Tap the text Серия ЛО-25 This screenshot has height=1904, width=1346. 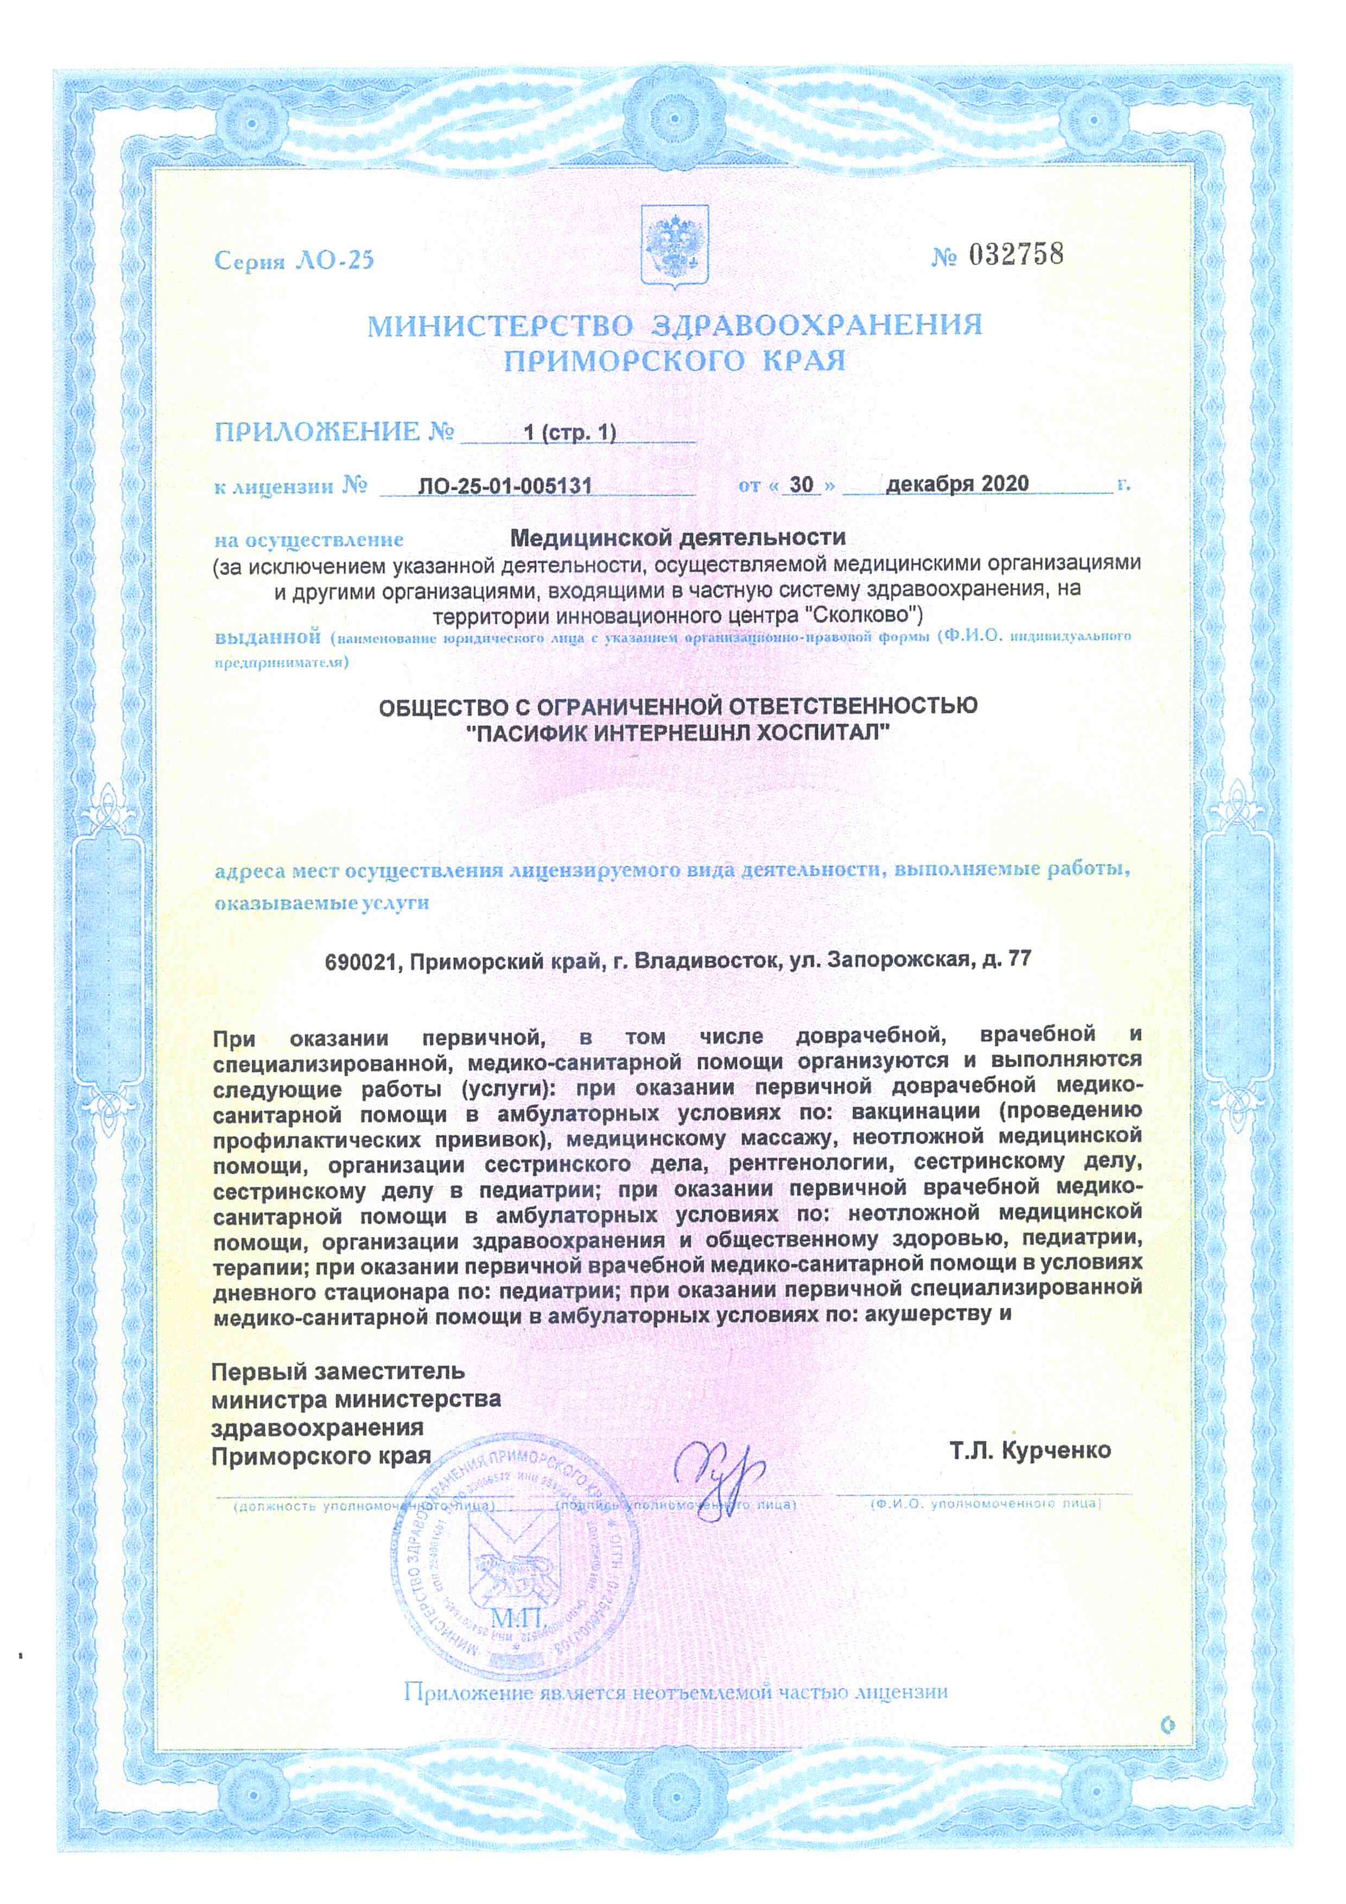click(x=294, y=261)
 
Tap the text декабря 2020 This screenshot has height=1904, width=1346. click(x=957, y=483)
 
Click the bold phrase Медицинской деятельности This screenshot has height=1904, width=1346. click(x=677, y=537)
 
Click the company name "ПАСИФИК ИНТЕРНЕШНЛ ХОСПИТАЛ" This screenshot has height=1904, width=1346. click(x=678, y=732)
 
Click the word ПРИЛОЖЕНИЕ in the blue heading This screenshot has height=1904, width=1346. click(x=318, y=432)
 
